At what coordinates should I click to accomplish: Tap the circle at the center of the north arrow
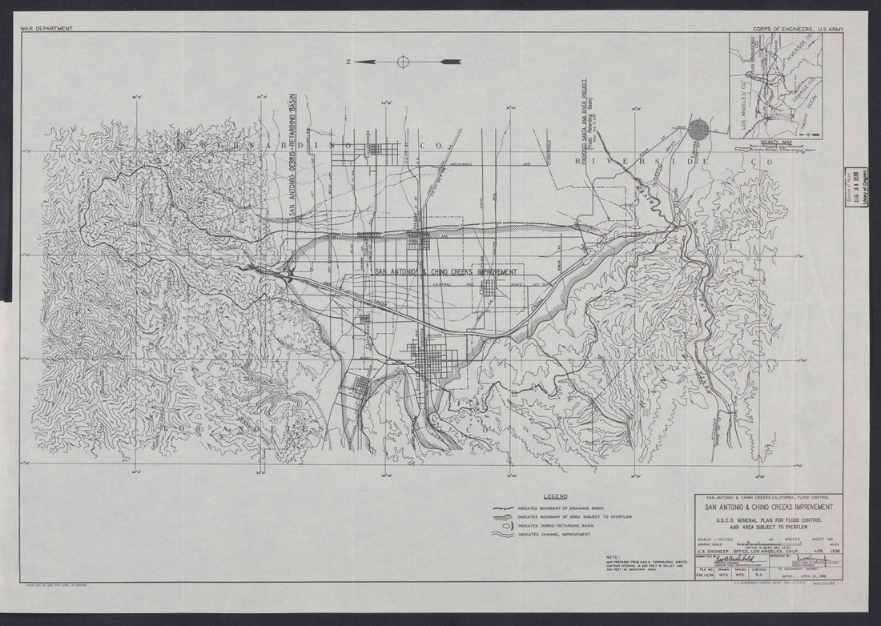point(402,61)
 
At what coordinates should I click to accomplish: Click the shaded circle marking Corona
point(699,129)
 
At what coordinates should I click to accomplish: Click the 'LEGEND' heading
point(555,497)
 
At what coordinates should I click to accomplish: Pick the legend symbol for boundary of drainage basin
point(504,509)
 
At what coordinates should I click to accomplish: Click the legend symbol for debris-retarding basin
point(504,525)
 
